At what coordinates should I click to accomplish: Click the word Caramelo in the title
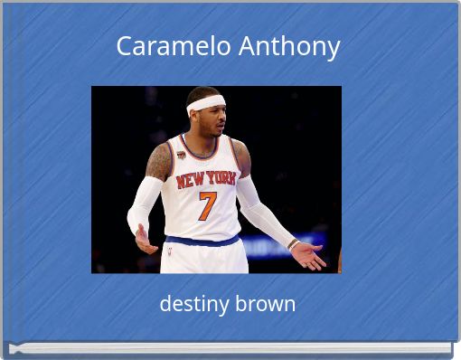(x=174, y=46)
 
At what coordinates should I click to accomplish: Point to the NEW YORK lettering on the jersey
(x=205, y=178)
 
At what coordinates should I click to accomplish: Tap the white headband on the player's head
(x=207, y=103)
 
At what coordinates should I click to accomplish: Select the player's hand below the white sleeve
(x=144, y=239)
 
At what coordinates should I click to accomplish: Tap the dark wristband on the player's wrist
(x=292, y=243)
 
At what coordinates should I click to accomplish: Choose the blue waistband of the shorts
(x=203, y=241)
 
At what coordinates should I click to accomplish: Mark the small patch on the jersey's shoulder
(x=182, y=155)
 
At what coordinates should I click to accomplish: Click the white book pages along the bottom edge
(x=226, y=348)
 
